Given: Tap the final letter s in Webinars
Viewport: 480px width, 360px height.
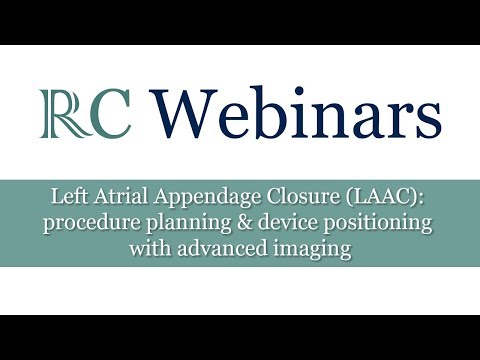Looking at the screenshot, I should [427, 121].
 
